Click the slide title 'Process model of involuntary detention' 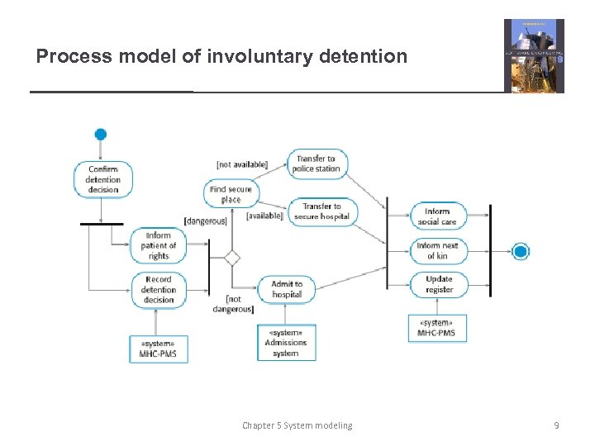[x=221, y=56]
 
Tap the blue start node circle [x=101, y=135]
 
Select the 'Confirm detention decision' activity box [x=103, y=179]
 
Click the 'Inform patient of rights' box [x=159, y=245]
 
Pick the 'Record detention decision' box [x=159, y=290]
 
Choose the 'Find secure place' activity [x=231, y=195]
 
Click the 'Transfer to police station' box [x=317, y=164]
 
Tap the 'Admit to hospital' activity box [x=286, y=289]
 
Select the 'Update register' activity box [x=439, y=284]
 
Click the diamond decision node [x=232, y=258]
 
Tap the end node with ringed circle [x=521, y=252]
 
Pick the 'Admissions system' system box [x=285, y=342]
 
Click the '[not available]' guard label [x=241, y=164]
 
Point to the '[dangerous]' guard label [x=206, y=221]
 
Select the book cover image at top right [x=534, y=55]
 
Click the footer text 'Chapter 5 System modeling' [x=297, y=425]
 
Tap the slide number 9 [x=556, y=425]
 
